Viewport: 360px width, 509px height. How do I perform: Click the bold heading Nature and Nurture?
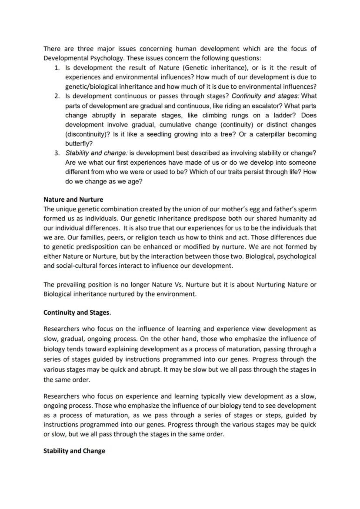73,200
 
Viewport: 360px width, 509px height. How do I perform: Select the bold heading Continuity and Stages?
77,312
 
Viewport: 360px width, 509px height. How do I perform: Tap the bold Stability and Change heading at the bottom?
74,451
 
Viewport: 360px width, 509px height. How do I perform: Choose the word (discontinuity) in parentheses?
88,134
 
